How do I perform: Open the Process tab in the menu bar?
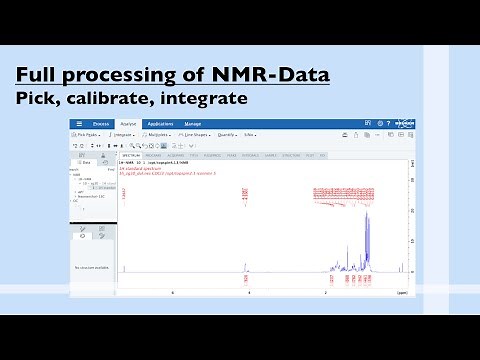[101, 124]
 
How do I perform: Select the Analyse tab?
[129, 124]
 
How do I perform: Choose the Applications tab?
[160, 124]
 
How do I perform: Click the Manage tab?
[193, 124]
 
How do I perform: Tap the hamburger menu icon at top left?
[79, 124]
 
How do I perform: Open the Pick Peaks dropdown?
[91, 134]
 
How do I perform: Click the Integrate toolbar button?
[124, 134]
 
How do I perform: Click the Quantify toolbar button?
[227, 134]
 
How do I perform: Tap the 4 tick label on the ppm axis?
[248, 293]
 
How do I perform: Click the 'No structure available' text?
[92, 268]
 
